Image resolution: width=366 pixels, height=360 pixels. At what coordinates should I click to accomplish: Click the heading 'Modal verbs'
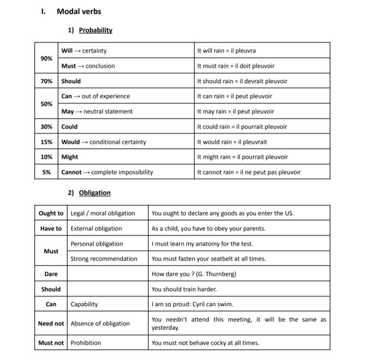click(79, 12)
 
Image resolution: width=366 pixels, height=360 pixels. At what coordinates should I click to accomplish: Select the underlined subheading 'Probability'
click(95, 30)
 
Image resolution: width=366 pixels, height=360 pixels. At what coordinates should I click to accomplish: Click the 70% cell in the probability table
click(47, 81)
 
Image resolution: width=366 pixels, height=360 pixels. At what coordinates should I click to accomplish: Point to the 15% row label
click(47, 142)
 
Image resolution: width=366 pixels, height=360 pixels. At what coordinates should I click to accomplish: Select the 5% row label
click(47, 172)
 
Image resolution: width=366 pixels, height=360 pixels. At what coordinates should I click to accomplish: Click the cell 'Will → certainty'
click(84, 51)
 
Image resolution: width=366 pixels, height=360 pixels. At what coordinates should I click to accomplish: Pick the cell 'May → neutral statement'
click(97, 112)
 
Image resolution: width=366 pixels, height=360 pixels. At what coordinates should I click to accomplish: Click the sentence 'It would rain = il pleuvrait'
click(232, 142)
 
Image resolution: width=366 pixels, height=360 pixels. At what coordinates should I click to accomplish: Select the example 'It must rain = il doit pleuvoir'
click(236, 66)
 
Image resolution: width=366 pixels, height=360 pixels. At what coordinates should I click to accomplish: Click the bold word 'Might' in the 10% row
click(70, 157)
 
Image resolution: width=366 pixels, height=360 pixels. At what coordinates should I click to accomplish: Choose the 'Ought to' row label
click(51, 213)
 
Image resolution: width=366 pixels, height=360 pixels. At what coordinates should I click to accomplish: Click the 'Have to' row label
click(51, 228)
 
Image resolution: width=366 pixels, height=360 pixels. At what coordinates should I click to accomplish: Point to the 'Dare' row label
click(51, 274)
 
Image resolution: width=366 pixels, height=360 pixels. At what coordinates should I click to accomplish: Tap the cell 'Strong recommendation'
click(104, 259)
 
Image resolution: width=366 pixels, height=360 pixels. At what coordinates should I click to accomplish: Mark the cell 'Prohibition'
click(86, 343)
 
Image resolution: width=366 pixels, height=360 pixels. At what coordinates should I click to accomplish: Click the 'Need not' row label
click(51, 324)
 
